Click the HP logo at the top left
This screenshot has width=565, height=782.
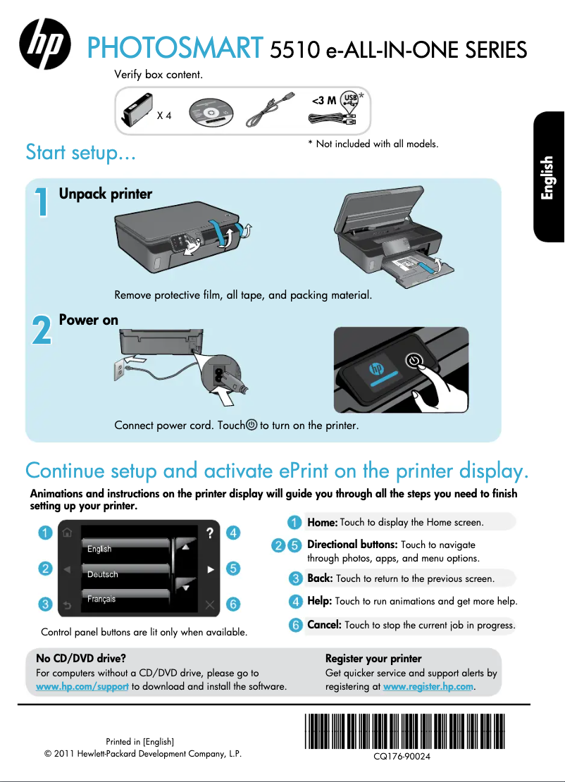click(x=45, y=44)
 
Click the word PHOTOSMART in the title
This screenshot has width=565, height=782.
click(x=175, y=48)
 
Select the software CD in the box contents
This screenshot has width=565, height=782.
click(x=211, y=112)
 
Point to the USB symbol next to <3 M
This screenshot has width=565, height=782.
click(x=349, y=99)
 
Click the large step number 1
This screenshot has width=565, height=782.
click(x=42, y=201)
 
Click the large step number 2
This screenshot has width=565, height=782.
click(x=42, y=330)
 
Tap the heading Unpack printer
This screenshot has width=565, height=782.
click(x=106, y=194)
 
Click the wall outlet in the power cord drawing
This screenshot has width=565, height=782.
click(x=120, y=370)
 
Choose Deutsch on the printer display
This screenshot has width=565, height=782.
click(x=103, y=575)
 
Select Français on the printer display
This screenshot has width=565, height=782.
click(x=101, y=599)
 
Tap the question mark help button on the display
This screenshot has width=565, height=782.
click(x=210, y=533)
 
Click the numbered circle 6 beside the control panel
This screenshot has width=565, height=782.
click(x=233, y=604)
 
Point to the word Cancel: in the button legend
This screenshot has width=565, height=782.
click(x=324, y=625)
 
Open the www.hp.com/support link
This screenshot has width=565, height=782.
click(x=82, y=687)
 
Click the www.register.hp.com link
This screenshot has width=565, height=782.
click(x=428, y=687)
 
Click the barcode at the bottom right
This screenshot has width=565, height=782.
click(x=404, y=731)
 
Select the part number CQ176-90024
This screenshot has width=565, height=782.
click(x=402, y=757)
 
